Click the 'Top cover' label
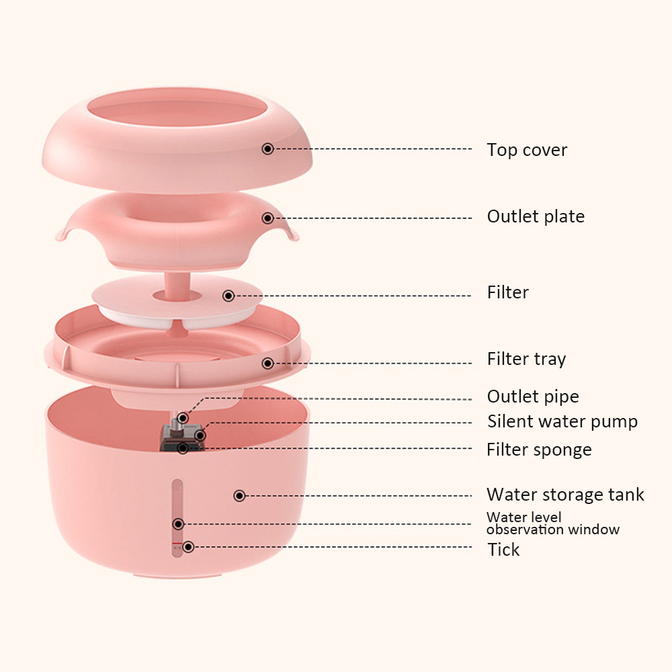point(527,150)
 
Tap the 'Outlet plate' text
point(536,216)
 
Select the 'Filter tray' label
point(526,359)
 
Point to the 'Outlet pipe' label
point(533,396)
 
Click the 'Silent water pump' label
point(562,422)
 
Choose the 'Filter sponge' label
point(539,450)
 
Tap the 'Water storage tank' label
point(565,495)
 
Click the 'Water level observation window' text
point(552,523)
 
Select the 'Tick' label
point(503,550)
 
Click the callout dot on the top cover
point(267,149)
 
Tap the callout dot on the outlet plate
point(267,218)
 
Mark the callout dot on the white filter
point(228,296)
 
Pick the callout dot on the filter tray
point(267,364)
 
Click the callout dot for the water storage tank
point(239,496)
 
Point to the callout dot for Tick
point(188,547)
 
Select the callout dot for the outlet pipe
point(183,418)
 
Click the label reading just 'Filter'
point(507,292)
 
